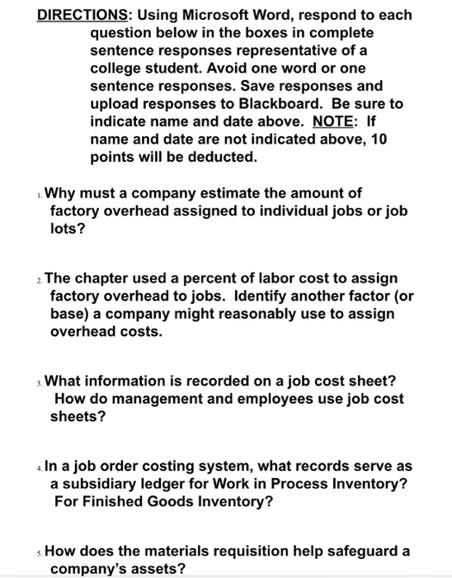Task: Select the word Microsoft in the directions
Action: coord(233,15)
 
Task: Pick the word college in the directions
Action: coord(117,69)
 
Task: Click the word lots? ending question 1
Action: coord(66,230)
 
